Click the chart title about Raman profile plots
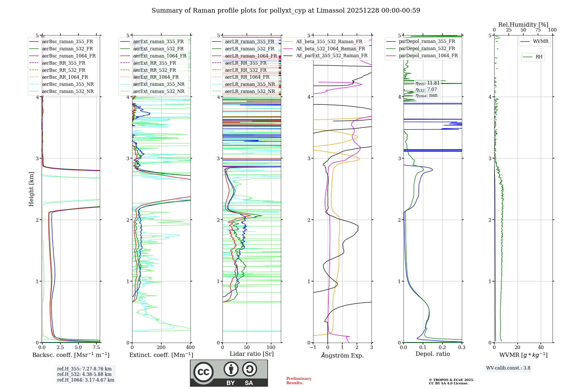[286, 11]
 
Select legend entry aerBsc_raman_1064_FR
[69, 56]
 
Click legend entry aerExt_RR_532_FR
[154, 70]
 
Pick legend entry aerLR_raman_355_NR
[250, 84]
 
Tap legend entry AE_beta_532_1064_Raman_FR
[330, 49]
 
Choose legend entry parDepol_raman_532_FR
[427, 49]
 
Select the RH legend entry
[539, 57]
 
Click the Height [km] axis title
[31, 189]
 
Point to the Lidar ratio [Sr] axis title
[252, 354]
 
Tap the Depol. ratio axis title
[432, 354]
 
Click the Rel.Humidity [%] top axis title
[523, 25]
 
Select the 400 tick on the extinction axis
[190, 348]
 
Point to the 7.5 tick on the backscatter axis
[96, 348]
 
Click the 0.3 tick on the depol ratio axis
[462, 348]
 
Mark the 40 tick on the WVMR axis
[541, 348]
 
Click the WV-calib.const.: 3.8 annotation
[508, 368]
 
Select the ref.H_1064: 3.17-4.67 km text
[86, 380]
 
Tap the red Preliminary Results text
[299, 381]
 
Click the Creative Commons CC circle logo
[203, 372]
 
